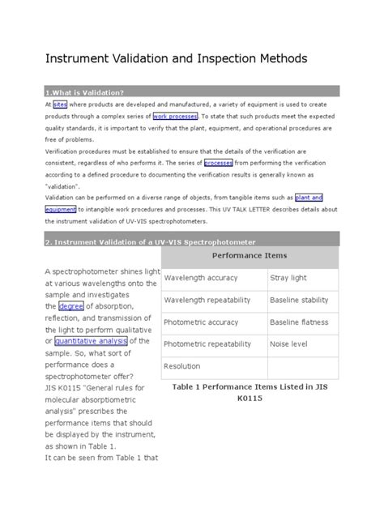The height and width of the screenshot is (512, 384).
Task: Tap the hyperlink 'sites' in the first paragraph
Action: point(60,105)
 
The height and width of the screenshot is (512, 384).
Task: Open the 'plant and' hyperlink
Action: point(308,197)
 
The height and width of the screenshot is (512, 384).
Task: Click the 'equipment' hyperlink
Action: point(66,208)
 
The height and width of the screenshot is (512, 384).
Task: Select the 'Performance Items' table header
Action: point(250,255)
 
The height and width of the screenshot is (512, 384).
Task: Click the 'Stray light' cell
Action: point(288,278)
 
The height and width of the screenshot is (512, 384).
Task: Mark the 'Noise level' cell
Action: point(290,344)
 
